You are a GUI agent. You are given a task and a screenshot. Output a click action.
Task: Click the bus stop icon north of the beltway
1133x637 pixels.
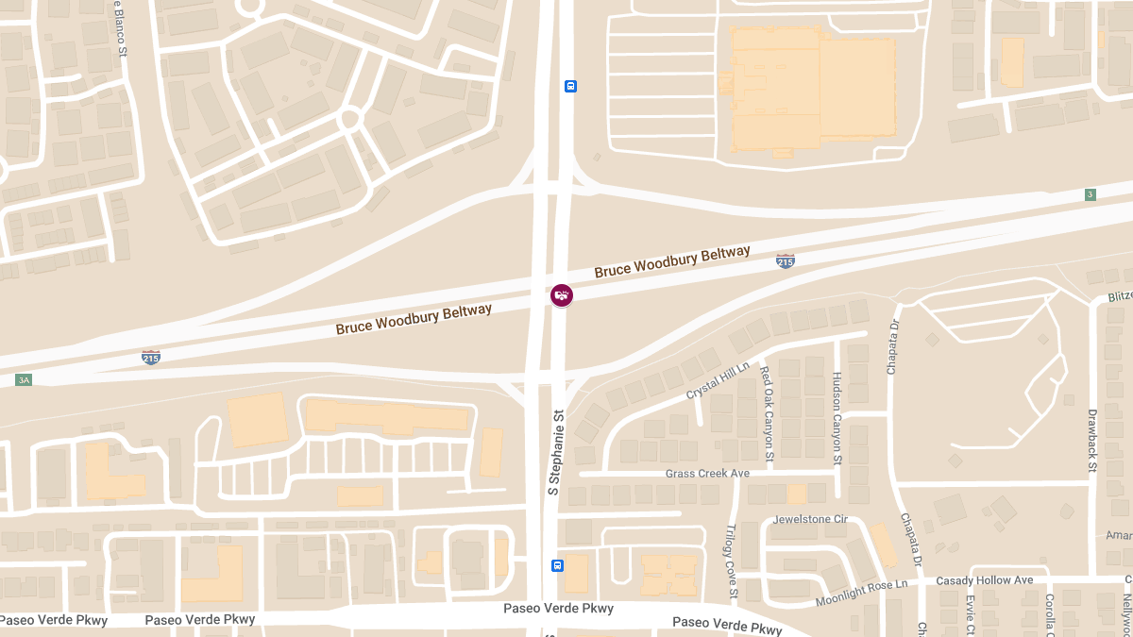tap(570, 86)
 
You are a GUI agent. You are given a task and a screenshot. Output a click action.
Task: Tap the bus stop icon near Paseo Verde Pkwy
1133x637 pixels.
tap(557, 566)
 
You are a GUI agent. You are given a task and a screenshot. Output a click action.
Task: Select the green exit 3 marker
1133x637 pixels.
tap(1091, 194)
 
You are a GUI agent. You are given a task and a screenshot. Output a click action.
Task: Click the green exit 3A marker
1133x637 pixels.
tap(24, 380)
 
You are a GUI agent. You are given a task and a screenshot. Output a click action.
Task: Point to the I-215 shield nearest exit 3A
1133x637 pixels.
tap(151, 356)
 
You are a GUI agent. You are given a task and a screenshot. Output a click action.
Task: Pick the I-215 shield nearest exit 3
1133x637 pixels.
tap(786, 260)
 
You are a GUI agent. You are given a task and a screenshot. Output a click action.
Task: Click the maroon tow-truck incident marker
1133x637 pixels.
tap(562, 295)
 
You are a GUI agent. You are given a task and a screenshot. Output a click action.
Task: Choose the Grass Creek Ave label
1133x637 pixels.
tap(707, 473)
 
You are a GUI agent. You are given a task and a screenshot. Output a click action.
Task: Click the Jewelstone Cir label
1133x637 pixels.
tap(811, 520)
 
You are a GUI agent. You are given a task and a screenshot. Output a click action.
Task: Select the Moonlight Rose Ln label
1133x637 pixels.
tap(861, 591)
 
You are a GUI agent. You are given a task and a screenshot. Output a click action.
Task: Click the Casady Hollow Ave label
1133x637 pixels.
tap(985, 580)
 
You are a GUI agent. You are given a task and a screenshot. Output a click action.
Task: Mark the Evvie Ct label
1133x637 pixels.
tap(970, 615)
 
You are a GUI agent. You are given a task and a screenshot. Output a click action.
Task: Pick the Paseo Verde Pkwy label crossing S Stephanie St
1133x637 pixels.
tap(558, 609)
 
